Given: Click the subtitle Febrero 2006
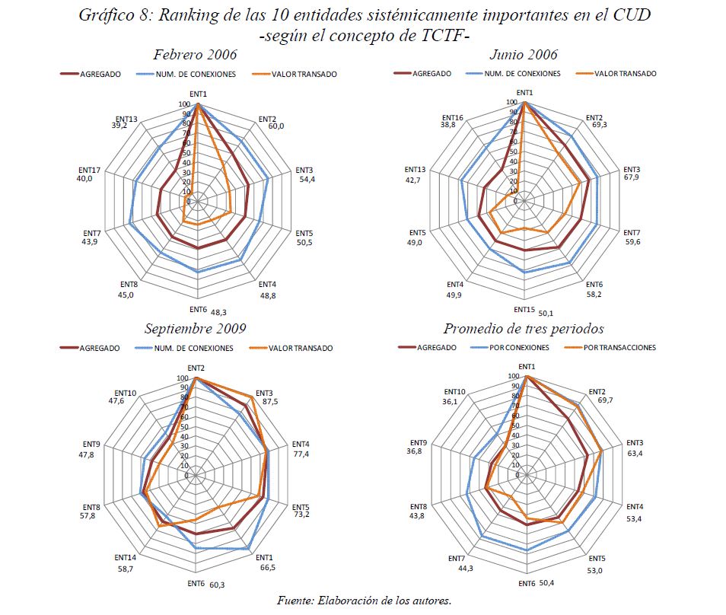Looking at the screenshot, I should [195, 55].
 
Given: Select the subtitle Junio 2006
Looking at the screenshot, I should [524, 55].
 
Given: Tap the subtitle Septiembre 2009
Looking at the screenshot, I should [196, 329].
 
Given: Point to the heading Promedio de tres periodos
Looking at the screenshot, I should [524, 329].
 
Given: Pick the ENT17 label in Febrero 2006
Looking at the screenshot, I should [90, 169].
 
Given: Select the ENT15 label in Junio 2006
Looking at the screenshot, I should [524, 310].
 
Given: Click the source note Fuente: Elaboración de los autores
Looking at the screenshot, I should [364, 601].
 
